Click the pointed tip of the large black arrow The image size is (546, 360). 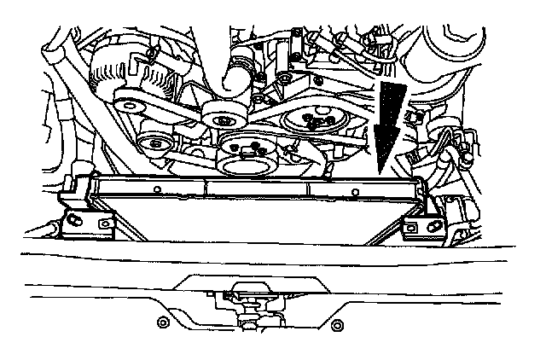pos(379,171)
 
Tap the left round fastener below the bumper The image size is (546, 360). pos(163,322)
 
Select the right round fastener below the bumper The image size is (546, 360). pos(336,325)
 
